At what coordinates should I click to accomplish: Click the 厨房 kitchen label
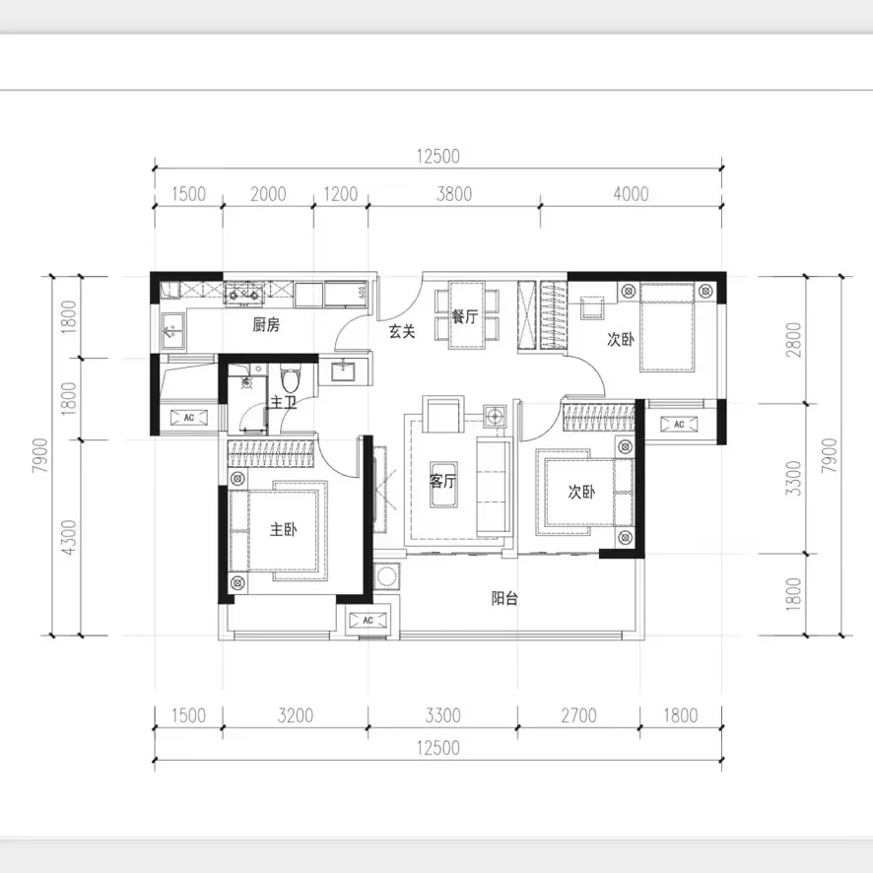pos(266,324)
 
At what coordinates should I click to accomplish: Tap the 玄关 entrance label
pos(401,332)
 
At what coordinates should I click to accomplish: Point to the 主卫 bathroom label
pos(285,403)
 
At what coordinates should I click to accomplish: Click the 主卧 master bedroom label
pos(285,529)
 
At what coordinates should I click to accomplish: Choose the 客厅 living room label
pos(443,482)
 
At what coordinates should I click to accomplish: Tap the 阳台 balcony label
pos(505,597)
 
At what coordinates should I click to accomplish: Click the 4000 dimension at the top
pos(630,194)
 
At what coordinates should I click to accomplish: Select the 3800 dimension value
pos(453,194)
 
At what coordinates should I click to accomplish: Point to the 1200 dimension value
pos(340,194)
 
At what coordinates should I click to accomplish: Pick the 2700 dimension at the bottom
pos(578,716)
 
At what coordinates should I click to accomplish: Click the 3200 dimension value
pos(295,716)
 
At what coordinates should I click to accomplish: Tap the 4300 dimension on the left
pos(68,537)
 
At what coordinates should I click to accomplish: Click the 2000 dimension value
pos(267,194)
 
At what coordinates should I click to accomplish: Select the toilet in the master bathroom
pos(289,378)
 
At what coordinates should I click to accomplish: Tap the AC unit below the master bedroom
pos(368,621)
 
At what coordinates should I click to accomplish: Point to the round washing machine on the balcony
pos(387,574)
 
